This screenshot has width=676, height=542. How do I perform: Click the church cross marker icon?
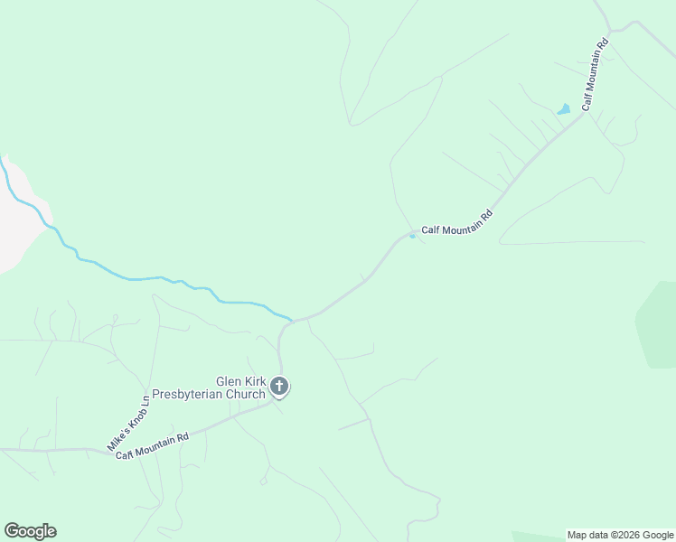(x=279, y=388)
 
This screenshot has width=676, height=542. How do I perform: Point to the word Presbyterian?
(x=190, y=394)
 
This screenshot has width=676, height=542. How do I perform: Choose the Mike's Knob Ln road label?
(x=127, y=423)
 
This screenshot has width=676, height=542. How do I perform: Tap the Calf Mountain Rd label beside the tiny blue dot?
(x=457, y=223)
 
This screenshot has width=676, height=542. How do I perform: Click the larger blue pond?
(x=564, y=109)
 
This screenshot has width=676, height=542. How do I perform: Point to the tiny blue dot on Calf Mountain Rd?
(x=413, y=237)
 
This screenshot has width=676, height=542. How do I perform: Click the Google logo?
(x=30, y=531)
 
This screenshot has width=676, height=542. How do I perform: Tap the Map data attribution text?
(x=591, y=535)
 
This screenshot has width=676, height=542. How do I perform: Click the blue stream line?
(x=136, y=278)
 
